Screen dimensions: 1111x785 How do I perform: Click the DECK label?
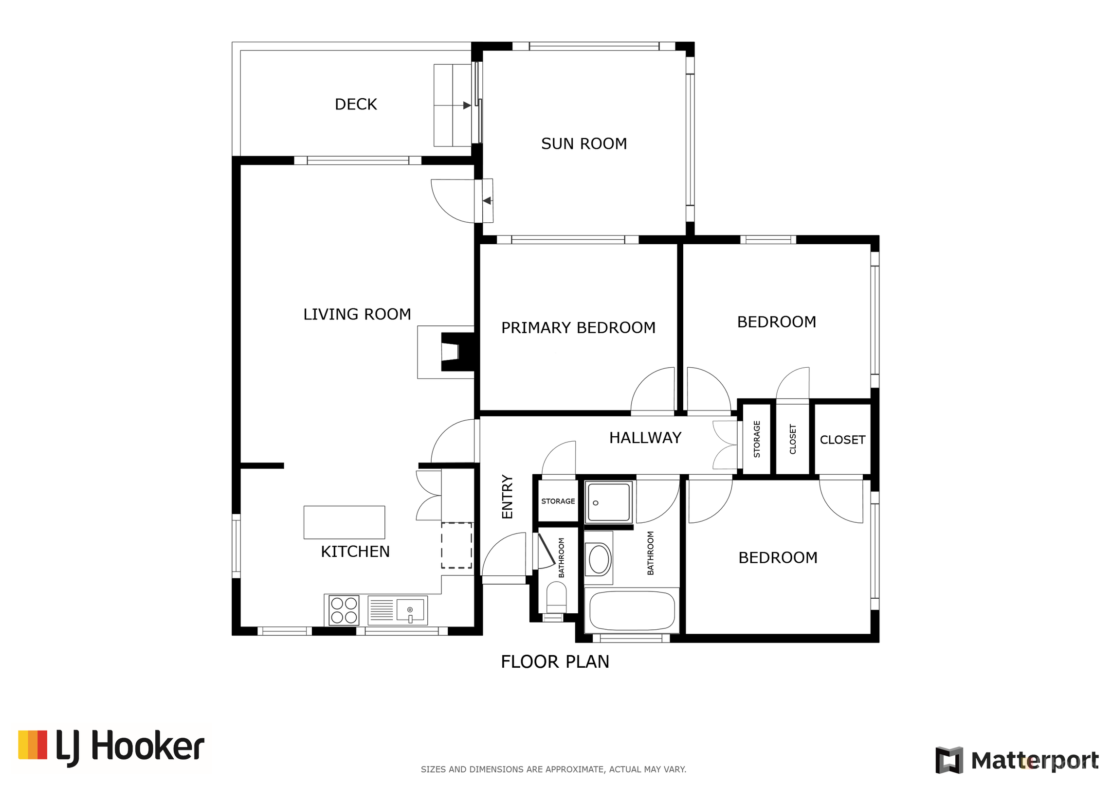[356, 104]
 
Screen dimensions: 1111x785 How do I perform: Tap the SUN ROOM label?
[584, 143]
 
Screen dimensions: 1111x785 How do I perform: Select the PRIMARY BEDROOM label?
[578, 327]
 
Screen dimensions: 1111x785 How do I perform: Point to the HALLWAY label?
[645, 438]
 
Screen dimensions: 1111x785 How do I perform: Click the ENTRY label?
[507, 497]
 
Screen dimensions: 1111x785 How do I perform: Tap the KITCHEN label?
[355, 552]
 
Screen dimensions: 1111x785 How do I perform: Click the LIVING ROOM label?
[357, 314]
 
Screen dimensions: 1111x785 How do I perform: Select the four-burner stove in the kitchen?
[344, 610]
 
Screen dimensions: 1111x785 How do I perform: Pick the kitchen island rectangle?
[344, 522]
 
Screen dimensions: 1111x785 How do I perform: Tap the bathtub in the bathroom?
[632, 610]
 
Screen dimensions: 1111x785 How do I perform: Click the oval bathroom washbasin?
[599, 559]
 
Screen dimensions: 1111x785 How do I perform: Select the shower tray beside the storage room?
[608, 502]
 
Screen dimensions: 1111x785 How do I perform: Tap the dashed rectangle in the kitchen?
[456, 545]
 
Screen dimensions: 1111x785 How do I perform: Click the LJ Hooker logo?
[111, 748]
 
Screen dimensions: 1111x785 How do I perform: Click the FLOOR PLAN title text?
[555, 661]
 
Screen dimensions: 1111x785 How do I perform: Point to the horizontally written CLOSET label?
[842, 440]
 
